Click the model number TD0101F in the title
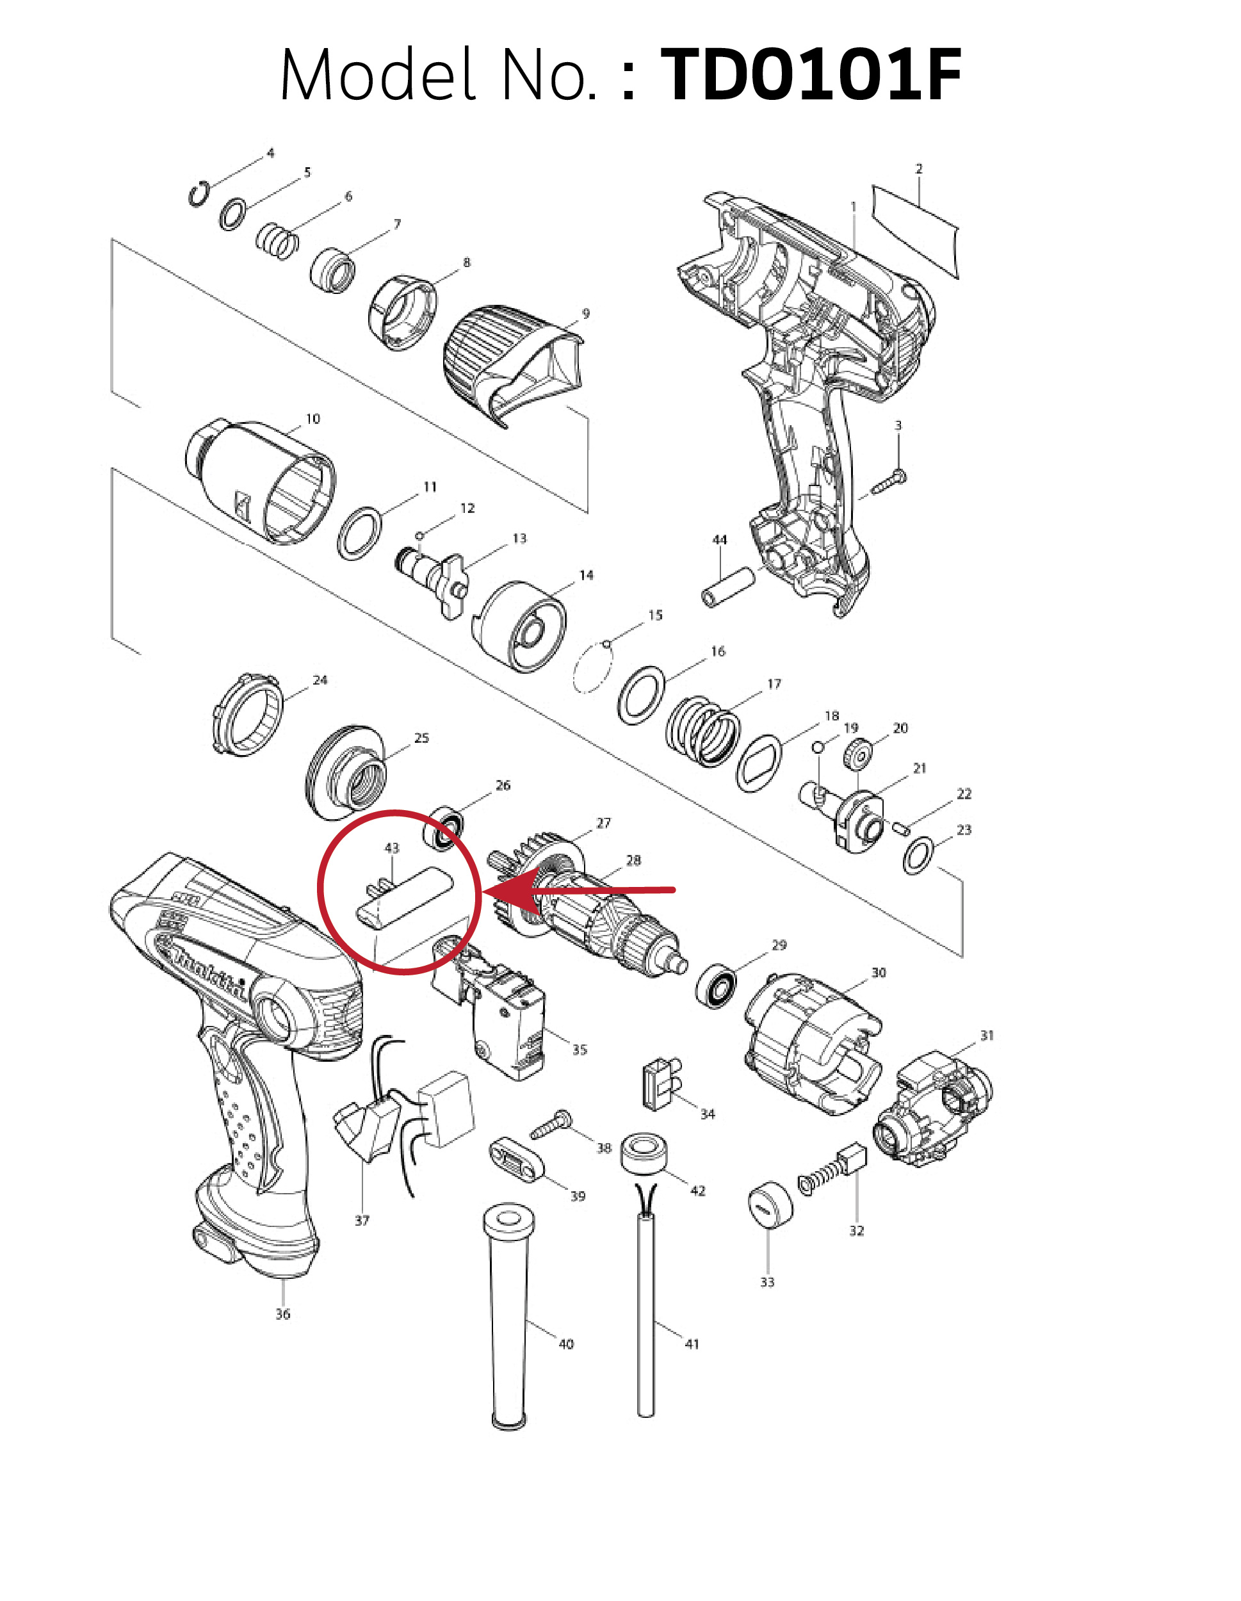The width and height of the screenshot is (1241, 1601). point(811,75)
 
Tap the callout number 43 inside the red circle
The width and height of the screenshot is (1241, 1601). point(392,848)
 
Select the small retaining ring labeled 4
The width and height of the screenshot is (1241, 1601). point(198,194)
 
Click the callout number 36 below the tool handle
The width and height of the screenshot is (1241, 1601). point(283,1314)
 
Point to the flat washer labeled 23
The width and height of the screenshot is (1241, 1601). point(918,855)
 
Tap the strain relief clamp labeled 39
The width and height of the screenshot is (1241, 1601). point(517,1158)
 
